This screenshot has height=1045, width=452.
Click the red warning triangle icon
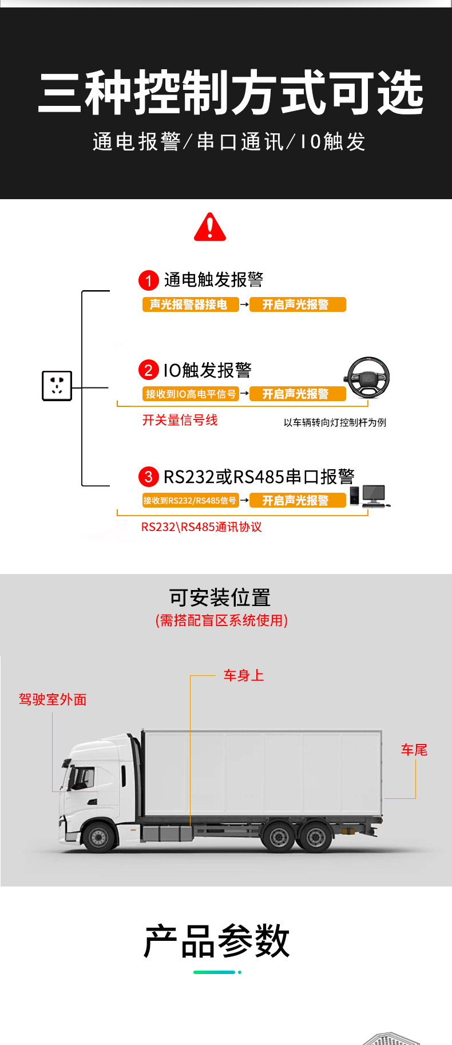tap(210, 227)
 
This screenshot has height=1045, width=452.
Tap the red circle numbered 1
tap(149, 280)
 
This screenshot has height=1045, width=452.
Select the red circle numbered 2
tap(149, 370)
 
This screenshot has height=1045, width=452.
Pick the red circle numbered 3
tap(149, 477)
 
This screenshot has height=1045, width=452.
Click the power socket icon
tap(57, 386)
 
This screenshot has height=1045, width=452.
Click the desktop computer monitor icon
tap(374, 494)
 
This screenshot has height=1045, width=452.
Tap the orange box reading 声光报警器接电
tap(190, 304)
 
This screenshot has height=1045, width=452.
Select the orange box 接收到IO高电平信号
tap(191, 394)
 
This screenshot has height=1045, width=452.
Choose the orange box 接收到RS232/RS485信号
tap(190, 501)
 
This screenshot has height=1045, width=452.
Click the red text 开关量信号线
tap(180, 421)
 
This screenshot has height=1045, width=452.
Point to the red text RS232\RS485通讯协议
tap(201, 527)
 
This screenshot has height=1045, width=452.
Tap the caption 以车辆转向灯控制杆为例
tap(335, 423)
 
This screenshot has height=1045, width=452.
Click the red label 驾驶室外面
tap(53, 700)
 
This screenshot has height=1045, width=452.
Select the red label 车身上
tap(244, 676)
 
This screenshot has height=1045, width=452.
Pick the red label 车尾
tap(414, 750)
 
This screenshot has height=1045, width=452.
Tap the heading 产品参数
tap(217, 941)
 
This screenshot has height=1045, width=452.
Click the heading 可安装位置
tap(220, 598)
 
